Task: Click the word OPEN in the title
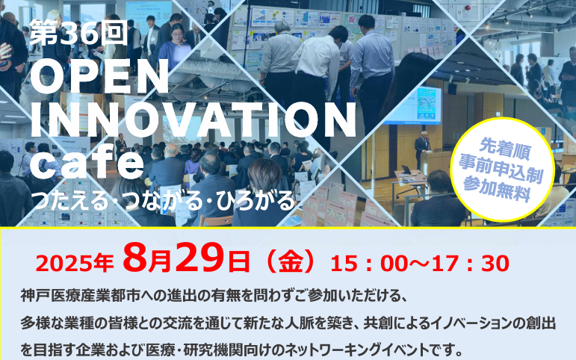click(99, 76)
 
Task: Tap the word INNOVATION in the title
click(193, 119)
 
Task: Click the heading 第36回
click(78, 32)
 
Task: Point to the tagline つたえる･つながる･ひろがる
click(164, 201)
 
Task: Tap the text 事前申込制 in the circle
click(501, 170)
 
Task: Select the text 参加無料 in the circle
click(497, 189)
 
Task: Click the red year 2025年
click(75, 264)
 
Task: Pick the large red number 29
click(199, 258)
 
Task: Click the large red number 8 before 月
click(134, 258)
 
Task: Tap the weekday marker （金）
click(291, 262)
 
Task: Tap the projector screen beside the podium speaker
click(412, 106)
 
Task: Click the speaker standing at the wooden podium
click(422, 149)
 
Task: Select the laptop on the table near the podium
click(406, 170)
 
